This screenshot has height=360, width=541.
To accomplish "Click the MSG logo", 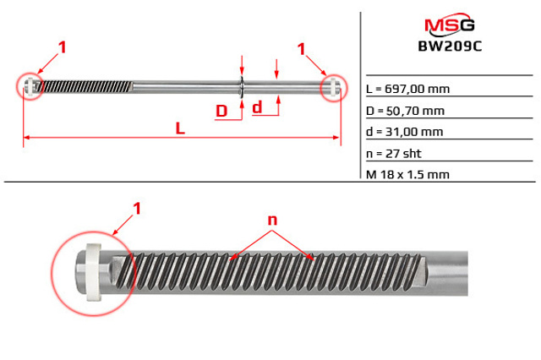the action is (450, 25).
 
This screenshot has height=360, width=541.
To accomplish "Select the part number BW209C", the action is (450, 46).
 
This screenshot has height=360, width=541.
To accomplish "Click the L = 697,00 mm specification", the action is (407, 89).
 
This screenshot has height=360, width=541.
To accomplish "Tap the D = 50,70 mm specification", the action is (405, 111).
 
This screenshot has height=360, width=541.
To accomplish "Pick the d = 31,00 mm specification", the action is (404, 132).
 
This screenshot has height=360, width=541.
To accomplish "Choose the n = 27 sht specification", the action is (394, 154).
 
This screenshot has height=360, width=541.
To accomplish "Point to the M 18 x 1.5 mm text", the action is (407, 174).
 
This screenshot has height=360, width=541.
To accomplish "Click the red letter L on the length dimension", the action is (180, 128).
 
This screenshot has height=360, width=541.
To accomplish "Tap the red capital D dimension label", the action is (221, 111).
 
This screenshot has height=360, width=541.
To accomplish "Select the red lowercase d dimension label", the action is (257, 107).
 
